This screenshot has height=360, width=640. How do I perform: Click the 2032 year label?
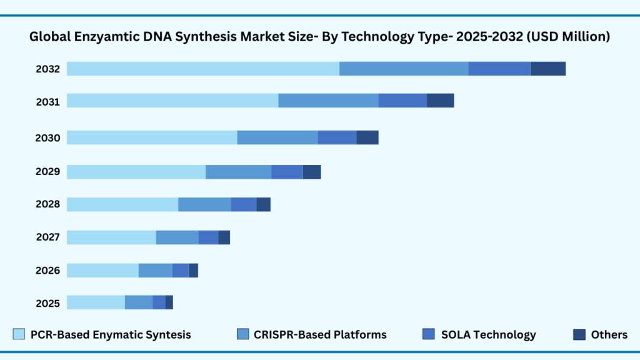point(47,69)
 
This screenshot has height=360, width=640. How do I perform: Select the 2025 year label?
point(47,303)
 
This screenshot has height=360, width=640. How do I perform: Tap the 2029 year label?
point(47,172)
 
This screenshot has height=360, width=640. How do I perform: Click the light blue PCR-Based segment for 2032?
point(203,69)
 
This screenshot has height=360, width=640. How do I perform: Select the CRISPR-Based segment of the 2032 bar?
point(404,69)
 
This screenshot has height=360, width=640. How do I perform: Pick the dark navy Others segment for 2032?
point(548,69)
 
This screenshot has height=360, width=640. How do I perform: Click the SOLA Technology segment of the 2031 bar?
point(402,100)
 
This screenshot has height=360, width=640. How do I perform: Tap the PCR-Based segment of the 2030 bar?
point(152,137)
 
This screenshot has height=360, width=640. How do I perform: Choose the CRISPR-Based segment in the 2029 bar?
point(238,172)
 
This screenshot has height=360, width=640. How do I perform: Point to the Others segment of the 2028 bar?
point(263,204)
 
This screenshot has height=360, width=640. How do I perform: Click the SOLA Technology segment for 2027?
point(208,237)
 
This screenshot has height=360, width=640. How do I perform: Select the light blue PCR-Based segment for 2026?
point(102,270)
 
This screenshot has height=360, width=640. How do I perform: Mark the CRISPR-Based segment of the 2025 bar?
point(138,302)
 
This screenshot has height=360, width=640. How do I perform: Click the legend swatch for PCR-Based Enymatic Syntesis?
point(19,334)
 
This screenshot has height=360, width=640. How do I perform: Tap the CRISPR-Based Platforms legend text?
point(320,334)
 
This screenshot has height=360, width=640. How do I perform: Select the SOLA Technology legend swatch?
point(429,334)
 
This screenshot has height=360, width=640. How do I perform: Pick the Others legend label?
point(609,334)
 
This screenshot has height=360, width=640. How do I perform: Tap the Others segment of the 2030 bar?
point(367,137)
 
